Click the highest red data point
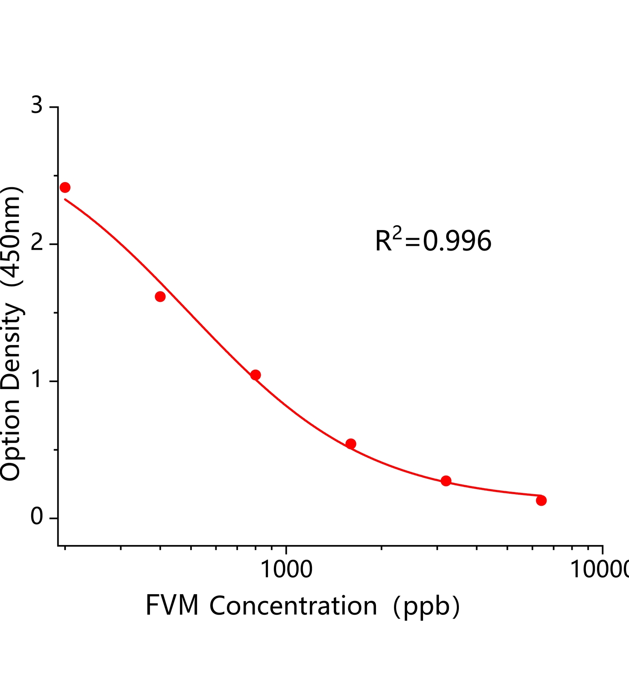pyautogui.click(x=65, y=187)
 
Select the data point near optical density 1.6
pyautogui.click(x=160, y=297)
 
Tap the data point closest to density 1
pyautogui.click(x=256, y=375)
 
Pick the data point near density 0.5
pyautogui.click(x=351, y=444)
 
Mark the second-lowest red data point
pyautogui.click(x=446, y=481)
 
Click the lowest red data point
pyautogui.click(x=541, y=500)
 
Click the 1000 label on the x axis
pyautogui.click(x=286, y=570)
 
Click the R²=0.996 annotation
pyautogui.click(x=433, y=240)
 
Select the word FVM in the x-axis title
pyautogui.click(x=172, y=606)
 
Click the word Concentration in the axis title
pyautogui.click(x=293, y=606)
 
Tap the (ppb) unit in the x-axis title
pyautogui.click(x=426, y=607)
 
